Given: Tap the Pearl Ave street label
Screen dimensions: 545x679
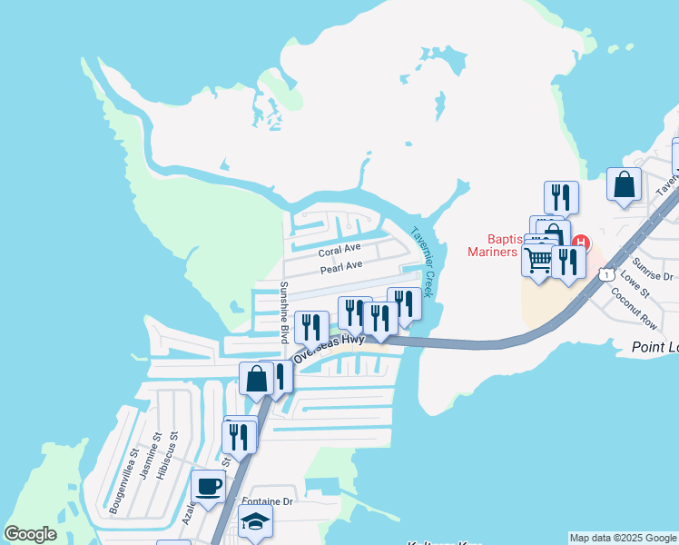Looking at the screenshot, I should click(x=340, y=266).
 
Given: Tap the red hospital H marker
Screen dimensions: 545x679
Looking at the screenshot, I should click(x=579, y=243).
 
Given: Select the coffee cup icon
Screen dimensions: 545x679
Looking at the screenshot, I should click(x=208, y=485).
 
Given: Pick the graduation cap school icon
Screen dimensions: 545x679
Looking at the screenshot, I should click(x=255, y=520).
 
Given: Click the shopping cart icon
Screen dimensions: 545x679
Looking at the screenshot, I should click(x=538, y=259).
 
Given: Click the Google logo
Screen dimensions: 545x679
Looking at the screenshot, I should click(x=31, y=534).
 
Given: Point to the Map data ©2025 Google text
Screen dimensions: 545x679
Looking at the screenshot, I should click(x=623, y=538).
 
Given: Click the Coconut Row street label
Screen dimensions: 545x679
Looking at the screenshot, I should click(x=627, y=302).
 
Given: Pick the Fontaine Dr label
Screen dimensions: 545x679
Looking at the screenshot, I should click(x=271, y=501).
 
